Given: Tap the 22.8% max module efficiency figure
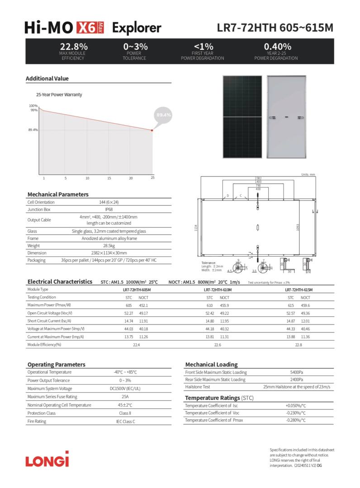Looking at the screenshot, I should tap(74, 47).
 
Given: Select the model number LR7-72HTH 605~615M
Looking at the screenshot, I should tap(275, 28).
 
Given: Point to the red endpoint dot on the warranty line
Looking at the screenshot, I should tap(152, 130).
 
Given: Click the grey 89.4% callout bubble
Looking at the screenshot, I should tap(164, 115).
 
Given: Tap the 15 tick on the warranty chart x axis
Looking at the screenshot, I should tap(109, 178).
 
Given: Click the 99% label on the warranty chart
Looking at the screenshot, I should tap(34, 110).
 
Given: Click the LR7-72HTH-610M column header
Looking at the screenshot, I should tap(218, 290).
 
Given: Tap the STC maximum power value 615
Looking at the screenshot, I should tap(291, 305).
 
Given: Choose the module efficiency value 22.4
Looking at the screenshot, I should tap(136, 345).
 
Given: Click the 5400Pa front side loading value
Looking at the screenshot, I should tap(297, 372).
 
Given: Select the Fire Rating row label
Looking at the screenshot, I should tap(37, 422).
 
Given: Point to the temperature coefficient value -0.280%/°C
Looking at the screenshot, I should tap(296, 420).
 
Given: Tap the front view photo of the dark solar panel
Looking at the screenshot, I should tap(242, 117).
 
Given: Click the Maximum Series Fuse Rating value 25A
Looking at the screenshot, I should tap(125, 397).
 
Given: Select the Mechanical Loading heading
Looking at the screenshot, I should tap(211, 364).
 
